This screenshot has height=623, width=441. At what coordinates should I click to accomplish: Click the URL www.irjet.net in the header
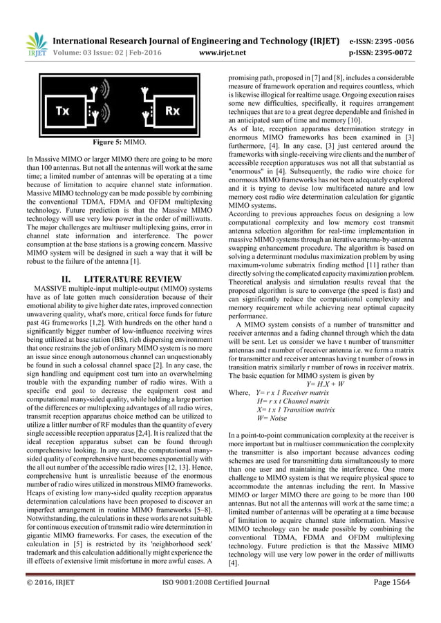220,50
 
